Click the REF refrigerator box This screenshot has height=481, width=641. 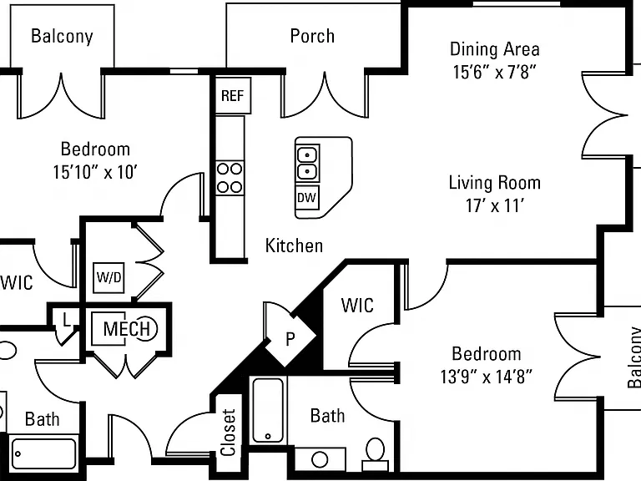point(233,95)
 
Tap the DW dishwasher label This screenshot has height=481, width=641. point(306,198)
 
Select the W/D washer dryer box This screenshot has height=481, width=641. point(109,277)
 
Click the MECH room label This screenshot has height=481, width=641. point(127,329)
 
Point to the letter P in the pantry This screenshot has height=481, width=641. point(290,339)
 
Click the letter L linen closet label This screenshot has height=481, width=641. point(67,319)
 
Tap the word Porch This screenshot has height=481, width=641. point(312,36)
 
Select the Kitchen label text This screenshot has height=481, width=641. point(294,246)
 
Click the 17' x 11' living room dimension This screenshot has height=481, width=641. point(495,205)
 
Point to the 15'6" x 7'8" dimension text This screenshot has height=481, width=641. point(494,72)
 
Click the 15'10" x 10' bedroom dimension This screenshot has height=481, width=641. point(94,172)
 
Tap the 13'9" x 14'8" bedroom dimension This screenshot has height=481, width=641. point(486,377)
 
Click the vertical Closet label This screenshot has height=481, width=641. point(228,433)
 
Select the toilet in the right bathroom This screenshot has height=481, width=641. point(375,455)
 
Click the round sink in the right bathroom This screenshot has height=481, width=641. point(320,459)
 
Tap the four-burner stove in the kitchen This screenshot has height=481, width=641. point(230,178)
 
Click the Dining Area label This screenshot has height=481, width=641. point(495,49)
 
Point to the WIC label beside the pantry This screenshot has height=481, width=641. point(357,305)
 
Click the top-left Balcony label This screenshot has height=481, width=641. point(62,37)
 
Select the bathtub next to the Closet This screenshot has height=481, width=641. point(268,410)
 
